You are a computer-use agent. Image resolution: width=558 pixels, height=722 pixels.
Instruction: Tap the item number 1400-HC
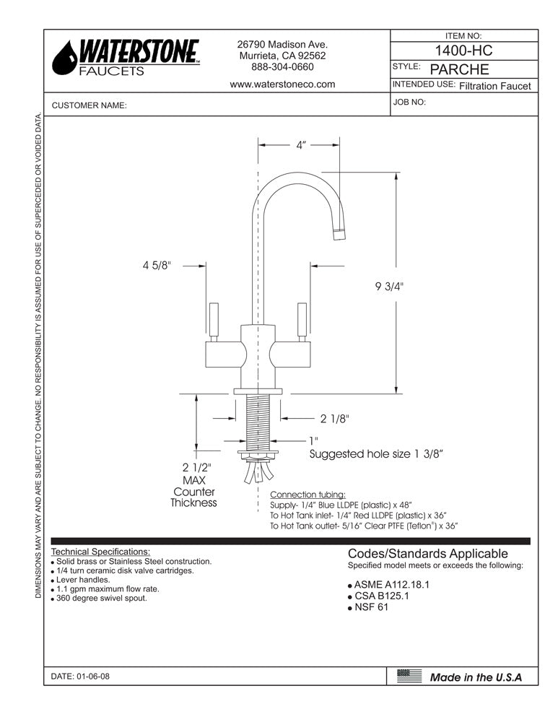[464, 51]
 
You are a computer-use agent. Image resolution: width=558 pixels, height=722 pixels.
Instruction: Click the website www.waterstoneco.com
[282, 84]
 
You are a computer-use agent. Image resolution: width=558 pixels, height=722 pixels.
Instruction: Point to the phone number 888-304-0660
[282, 66]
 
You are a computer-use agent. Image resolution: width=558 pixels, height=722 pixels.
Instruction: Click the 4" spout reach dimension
[300, 145]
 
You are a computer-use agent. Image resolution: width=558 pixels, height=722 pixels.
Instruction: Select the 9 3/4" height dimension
[390, 286]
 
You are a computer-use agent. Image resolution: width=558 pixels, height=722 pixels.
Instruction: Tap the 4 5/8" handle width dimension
[157, 265]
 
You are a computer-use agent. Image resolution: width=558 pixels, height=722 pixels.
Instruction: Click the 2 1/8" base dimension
[335, 418]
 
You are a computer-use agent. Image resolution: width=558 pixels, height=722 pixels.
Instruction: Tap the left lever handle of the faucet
[214, 320]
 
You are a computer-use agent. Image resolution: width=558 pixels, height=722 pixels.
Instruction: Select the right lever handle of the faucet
[302, 320]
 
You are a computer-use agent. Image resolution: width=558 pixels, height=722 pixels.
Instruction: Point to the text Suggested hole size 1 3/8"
[375, 454]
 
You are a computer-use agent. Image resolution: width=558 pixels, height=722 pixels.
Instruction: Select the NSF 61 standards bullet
[372, 608]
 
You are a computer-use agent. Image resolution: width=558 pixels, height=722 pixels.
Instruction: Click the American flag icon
[409, 677]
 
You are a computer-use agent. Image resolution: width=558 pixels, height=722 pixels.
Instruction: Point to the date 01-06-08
[81, 677]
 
